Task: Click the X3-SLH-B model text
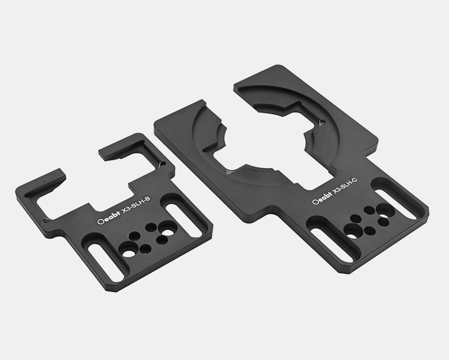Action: (135, 206)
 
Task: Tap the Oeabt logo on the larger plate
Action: (322, 198)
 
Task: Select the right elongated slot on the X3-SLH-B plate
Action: (184, 220)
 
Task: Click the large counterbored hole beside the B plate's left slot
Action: (128, 250)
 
